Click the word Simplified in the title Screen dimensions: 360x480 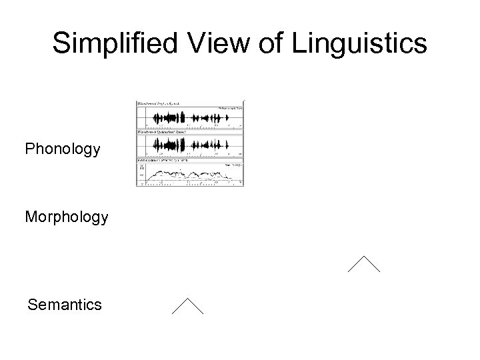(109, 43)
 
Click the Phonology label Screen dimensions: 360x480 (63, 149)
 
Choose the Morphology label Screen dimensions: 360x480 (66, 217)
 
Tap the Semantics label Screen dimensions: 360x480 (65, 305)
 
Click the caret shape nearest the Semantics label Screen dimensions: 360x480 (187, 306)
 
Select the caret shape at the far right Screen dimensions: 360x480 (363, 265)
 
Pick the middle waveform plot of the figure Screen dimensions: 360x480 (190, 144)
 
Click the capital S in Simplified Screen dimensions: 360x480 (62, 43)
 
